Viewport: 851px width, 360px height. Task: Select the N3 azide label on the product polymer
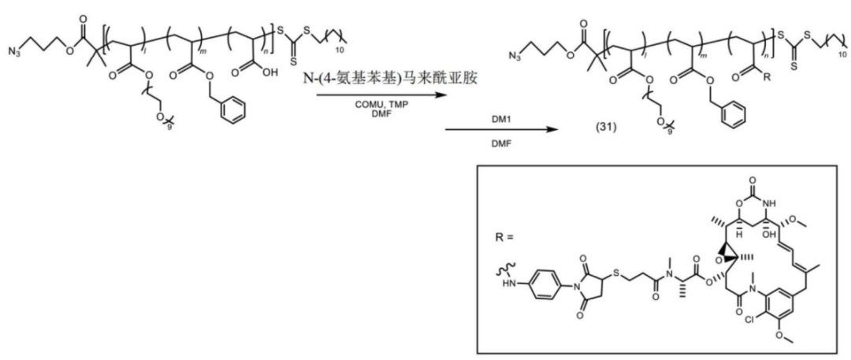[515, 57]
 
